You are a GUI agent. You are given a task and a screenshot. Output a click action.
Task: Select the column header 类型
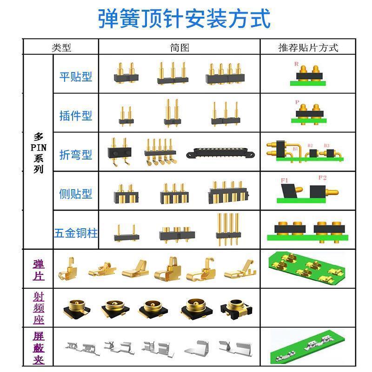click(61, 47)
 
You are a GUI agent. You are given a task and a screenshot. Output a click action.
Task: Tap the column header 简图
click(179, 47)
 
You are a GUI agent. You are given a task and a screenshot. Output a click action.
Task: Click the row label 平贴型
click(76, 77)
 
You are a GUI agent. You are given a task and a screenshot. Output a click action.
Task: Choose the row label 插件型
click(76, 116)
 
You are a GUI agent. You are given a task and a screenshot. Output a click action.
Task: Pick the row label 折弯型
click(76, 155)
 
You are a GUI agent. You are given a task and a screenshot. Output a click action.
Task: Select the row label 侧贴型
click(76, 194)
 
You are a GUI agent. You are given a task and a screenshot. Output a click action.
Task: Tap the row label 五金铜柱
click(76, 232)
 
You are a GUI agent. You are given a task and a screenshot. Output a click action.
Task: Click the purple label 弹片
click(39, 270)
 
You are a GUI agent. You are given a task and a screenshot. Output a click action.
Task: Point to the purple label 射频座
click(39, 307)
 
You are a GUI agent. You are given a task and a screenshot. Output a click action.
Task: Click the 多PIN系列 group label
click(39, 153)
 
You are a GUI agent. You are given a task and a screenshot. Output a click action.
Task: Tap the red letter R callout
click(296, 64)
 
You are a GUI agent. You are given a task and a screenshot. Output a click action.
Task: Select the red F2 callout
click(322, 178)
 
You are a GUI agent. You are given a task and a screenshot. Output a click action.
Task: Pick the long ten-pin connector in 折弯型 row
click(220, 153)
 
